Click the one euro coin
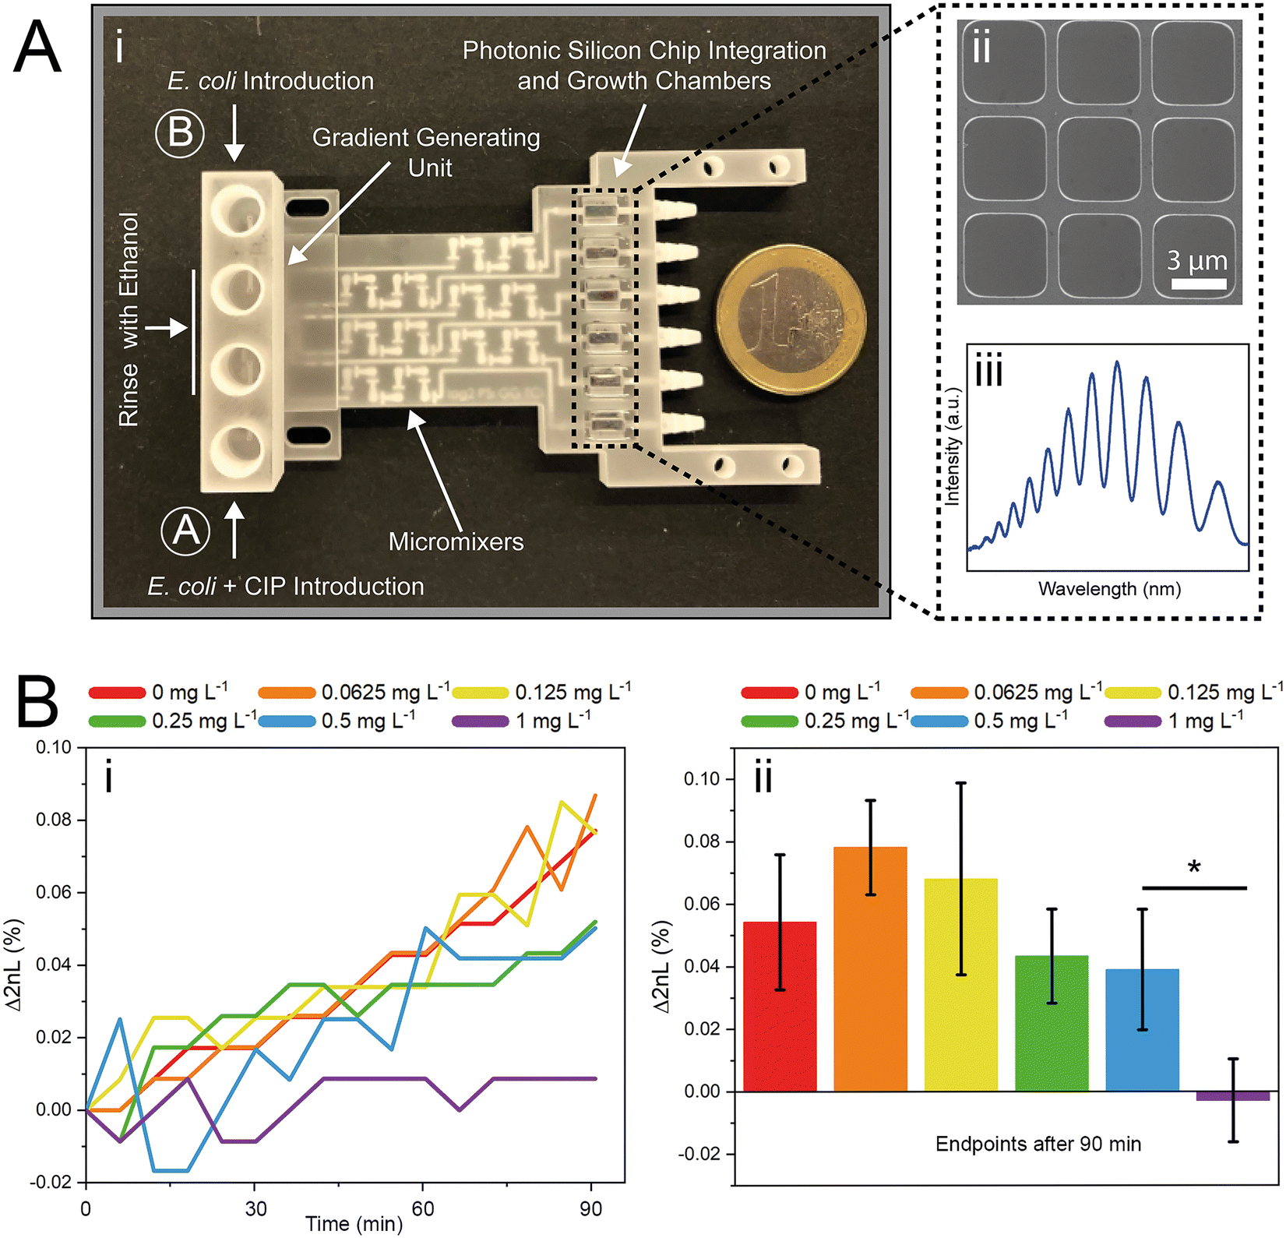coord(791,321)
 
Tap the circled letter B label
coord(180,132)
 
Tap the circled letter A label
coord(185,531)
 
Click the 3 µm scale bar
coord(1198,284)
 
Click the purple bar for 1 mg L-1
coord(1232,1095)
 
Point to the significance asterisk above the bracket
coord(1194,867)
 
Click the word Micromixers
coord(456,541)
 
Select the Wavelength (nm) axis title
coord(1108,589)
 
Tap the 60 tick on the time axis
coord(422,1208)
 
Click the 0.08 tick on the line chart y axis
coord(54,820)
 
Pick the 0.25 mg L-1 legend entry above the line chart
coord(173,721)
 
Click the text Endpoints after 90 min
coord(1038,1144)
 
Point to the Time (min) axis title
coord(354,1224)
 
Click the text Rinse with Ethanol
coord(129,319)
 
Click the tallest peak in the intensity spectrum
coord(1117,363)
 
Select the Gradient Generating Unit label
coord(426,152)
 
